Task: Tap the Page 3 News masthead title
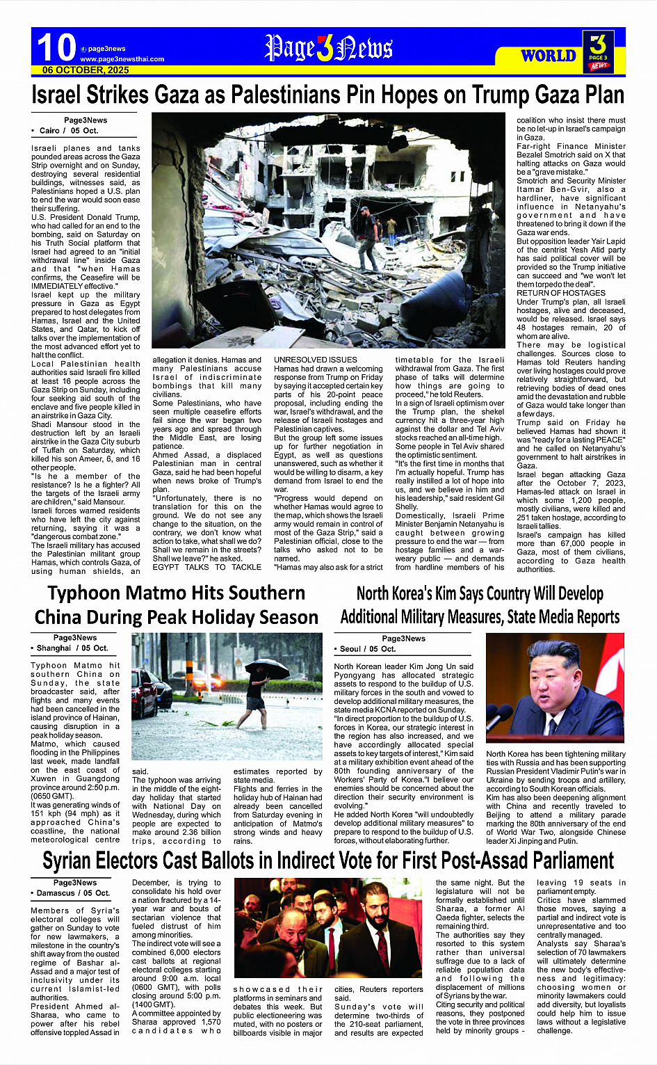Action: click(329, 49)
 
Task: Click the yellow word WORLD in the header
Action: click(549, 56)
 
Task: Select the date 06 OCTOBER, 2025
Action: click(86, 70)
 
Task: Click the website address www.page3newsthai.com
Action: click(122, 59)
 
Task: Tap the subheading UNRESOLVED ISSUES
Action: click(316, 360)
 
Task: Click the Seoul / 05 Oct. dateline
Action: click(368, 649)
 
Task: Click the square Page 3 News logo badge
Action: click(599, 51)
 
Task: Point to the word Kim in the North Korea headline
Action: click(448, 594)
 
